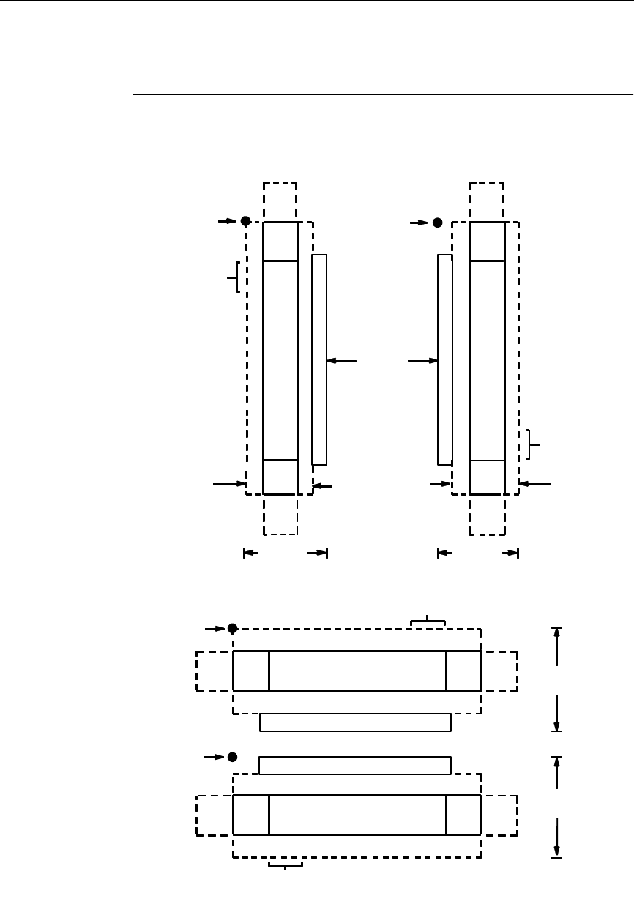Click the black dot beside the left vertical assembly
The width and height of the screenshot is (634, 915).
[x=246, y=220]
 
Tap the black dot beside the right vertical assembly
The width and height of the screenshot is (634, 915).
[x=437, y=222]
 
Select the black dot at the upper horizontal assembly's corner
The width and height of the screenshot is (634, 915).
[x=232, y=628]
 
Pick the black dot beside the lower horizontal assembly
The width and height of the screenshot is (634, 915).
[x=232, y=756]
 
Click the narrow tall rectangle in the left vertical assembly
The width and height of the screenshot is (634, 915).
[x=319, y=359]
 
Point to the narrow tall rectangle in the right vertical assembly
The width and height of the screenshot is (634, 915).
[x=444, y=359]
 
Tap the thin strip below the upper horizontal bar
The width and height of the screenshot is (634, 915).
[x=355, y=722]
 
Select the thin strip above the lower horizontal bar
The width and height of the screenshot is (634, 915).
[x=355, y=766]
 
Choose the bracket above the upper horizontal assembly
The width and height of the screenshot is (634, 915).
[x=428, y=622]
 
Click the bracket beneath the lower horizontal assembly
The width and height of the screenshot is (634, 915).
[x=286, y=867]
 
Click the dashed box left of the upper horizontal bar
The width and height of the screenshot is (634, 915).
[x=214, y=671]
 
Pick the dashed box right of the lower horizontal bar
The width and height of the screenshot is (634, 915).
[x=499, y=815]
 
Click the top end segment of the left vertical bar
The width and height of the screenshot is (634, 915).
[x=280, y=241]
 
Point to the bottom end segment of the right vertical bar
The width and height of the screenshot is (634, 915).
[x=487, y=477]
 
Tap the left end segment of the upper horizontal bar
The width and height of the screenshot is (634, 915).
[x=251, y=671]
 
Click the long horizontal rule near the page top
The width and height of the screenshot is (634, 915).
[x=381, y=94]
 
